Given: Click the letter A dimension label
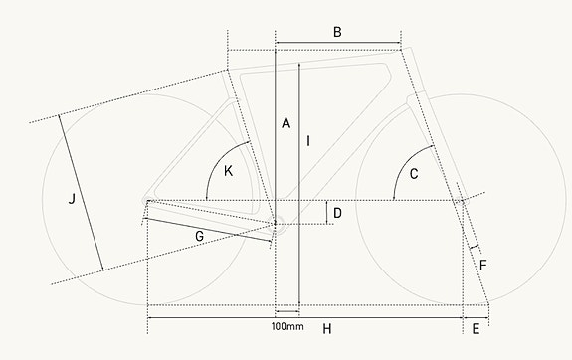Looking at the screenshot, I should pyautogui.click(x=286, y=123).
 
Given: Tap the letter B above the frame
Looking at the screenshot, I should pyautogui.click(x=337, y=33).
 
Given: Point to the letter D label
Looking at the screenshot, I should pyautogui.click(x=338, y=212).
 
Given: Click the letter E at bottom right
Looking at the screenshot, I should pyautogui.click(x=477, y=328).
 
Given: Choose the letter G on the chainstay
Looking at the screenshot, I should pyautogui.click(x=200, y=236).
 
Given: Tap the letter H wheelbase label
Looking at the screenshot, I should pyautogui.click(x=326, y=328).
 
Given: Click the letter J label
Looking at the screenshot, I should pyautogui.click(x=71, y=200).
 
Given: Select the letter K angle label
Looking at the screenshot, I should pyautogui.click(x=229, y=171).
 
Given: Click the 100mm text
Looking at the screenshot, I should pyautogui.click(x=287, y=326).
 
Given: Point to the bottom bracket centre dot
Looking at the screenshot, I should pyautogui.click(x=275, y=223).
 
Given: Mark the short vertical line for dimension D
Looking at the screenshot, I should pyautogui.click(x=326, y=211).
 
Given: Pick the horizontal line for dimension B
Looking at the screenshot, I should pyautogui.click(x=337, y=45).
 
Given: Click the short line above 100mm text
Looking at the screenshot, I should pyautogui.click(x=286, y=312).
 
